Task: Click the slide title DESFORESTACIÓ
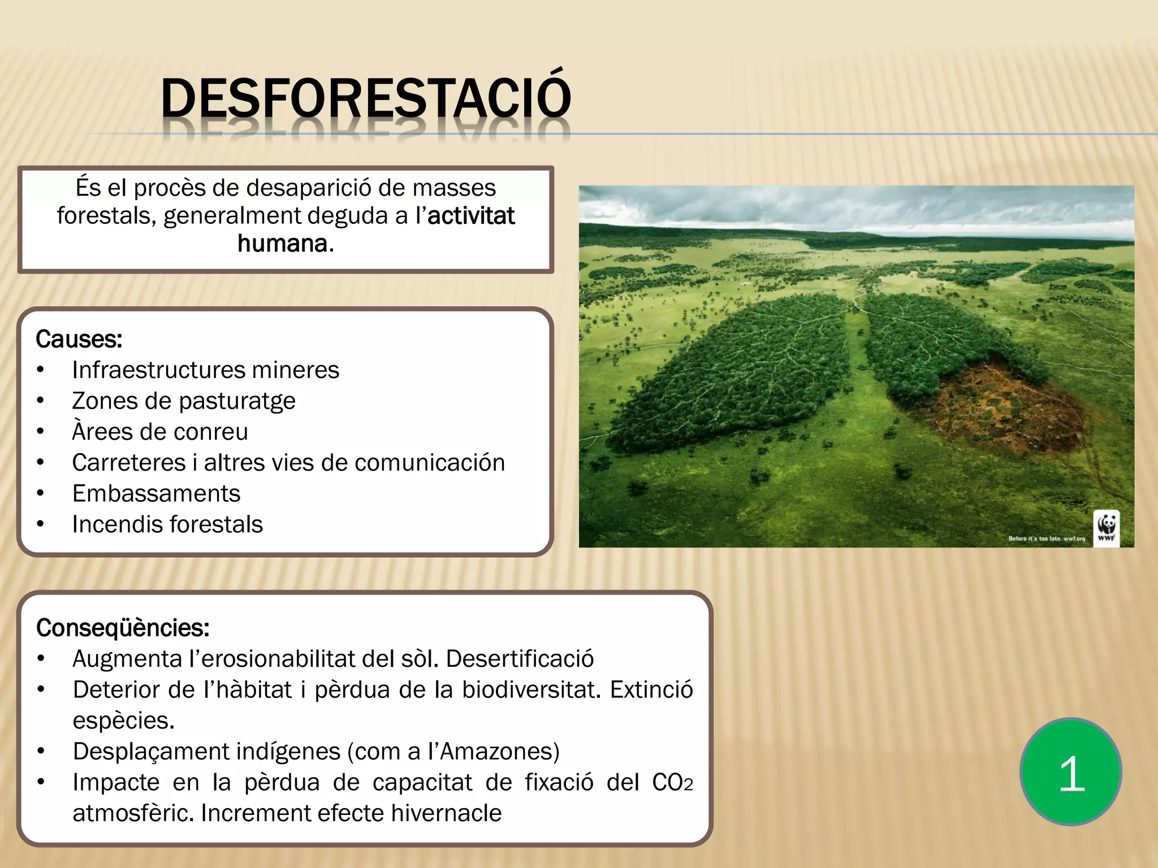(365, 99)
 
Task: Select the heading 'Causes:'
(79, 339)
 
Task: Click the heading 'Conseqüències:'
(123, 628)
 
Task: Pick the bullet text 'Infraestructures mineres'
(205, 370)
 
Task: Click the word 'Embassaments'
(156, 493)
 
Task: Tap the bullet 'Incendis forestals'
(167, 524)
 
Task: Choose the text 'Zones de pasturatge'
(184, 401)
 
